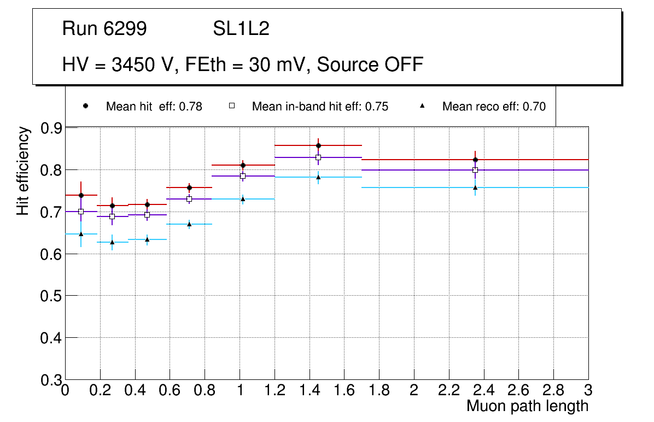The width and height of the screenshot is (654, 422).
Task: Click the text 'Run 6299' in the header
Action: tap(104, 29)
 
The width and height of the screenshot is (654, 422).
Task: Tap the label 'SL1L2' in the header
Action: tap(241, 29)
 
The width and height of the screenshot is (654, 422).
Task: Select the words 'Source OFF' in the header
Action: tap(370, 65)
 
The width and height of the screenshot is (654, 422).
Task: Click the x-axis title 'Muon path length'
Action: tap(527, 406)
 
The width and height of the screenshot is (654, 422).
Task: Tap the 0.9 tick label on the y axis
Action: tap(51, 128)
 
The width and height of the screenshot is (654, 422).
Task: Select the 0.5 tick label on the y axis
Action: tap(51, 296)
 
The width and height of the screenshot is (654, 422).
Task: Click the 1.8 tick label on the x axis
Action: tap(379, 391)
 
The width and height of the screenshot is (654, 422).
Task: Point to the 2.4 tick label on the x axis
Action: tap(484, 391)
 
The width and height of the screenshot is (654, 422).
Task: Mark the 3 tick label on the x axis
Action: tap(588, 391)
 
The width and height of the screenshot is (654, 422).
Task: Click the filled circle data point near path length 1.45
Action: tap(318, 145)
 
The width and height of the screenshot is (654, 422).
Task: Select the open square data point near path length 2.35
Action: tap(475, 170)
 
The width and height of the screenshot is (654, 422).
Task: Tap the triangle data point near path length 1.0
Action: tap(243, 199)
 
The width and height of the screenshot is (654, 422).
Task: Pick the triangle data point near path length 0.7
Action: tap(189, 224)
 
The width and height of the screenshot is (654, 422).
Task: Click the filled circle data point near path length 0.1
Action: tap(81, 195)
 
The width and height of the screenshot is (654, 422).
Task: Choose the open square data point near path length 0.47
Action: tap(147, 215)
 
